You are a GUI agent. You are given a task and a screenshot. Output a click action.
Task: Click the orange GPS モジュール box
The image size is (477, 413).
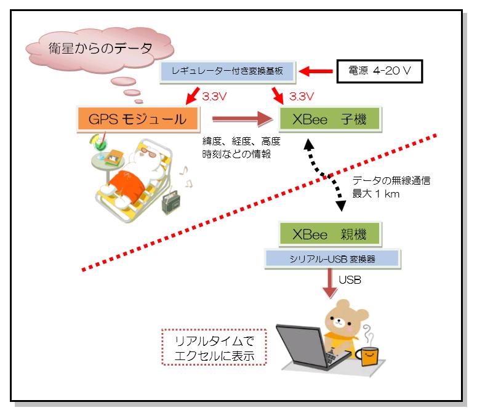(138, 119)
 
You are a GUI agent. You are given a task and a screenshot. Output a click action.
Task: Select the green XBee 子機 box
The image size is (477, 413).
(330, 119)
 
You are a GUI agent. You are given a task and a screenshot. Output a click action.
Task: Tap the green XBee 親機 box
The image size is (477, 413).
(330, 234)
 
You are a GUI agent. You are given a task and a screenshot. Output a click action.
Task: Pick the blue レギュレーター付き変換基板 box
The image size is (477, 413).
(228, 71)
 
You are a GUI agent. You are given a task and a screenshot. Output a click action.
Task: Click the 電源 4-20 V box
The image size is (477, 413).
(380, 71)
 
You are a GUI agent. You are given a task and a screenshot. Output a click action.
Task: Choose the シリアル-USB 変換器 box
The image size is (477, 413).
(332, 259)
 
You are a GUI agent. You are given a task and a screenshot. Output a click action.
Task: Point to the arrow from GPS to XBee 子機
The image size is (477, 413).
(242, 119)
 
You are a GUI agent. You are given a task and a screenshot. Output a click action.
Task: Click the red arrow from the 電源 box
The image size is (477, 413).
(316, 71)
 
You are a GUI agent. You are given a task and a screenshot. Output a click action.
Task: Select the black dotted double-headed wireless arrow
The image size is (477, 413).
(325, 175)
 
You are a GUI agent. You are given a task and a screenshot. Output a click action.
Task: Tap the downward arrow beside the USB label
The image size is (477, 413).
(330, 284)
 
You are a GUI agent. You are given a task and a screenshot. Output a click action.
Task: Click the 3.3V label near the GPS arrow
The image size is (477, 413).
(214, 97)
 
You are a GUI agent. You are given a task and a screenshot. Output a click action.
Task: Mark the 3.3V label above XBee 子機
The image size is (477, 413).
(301, 97)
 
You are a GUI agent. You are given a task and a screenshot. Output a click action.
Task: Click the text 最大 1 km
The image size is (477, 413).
(375, 194)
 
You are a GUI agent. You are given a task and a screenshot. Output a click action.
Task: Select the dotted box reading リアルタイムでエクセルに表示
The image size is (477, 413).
(214, 347)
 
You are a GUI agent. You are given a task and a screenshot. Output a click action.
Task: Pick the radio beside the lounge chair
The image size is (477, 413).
(171, 202)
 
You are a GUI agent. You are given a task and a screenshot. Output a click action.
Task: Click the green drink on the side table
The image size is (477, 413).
(100, 143)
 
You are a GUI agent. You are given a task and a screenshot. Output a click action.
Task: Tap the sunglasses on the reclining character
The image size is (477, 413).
(148, 152)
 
